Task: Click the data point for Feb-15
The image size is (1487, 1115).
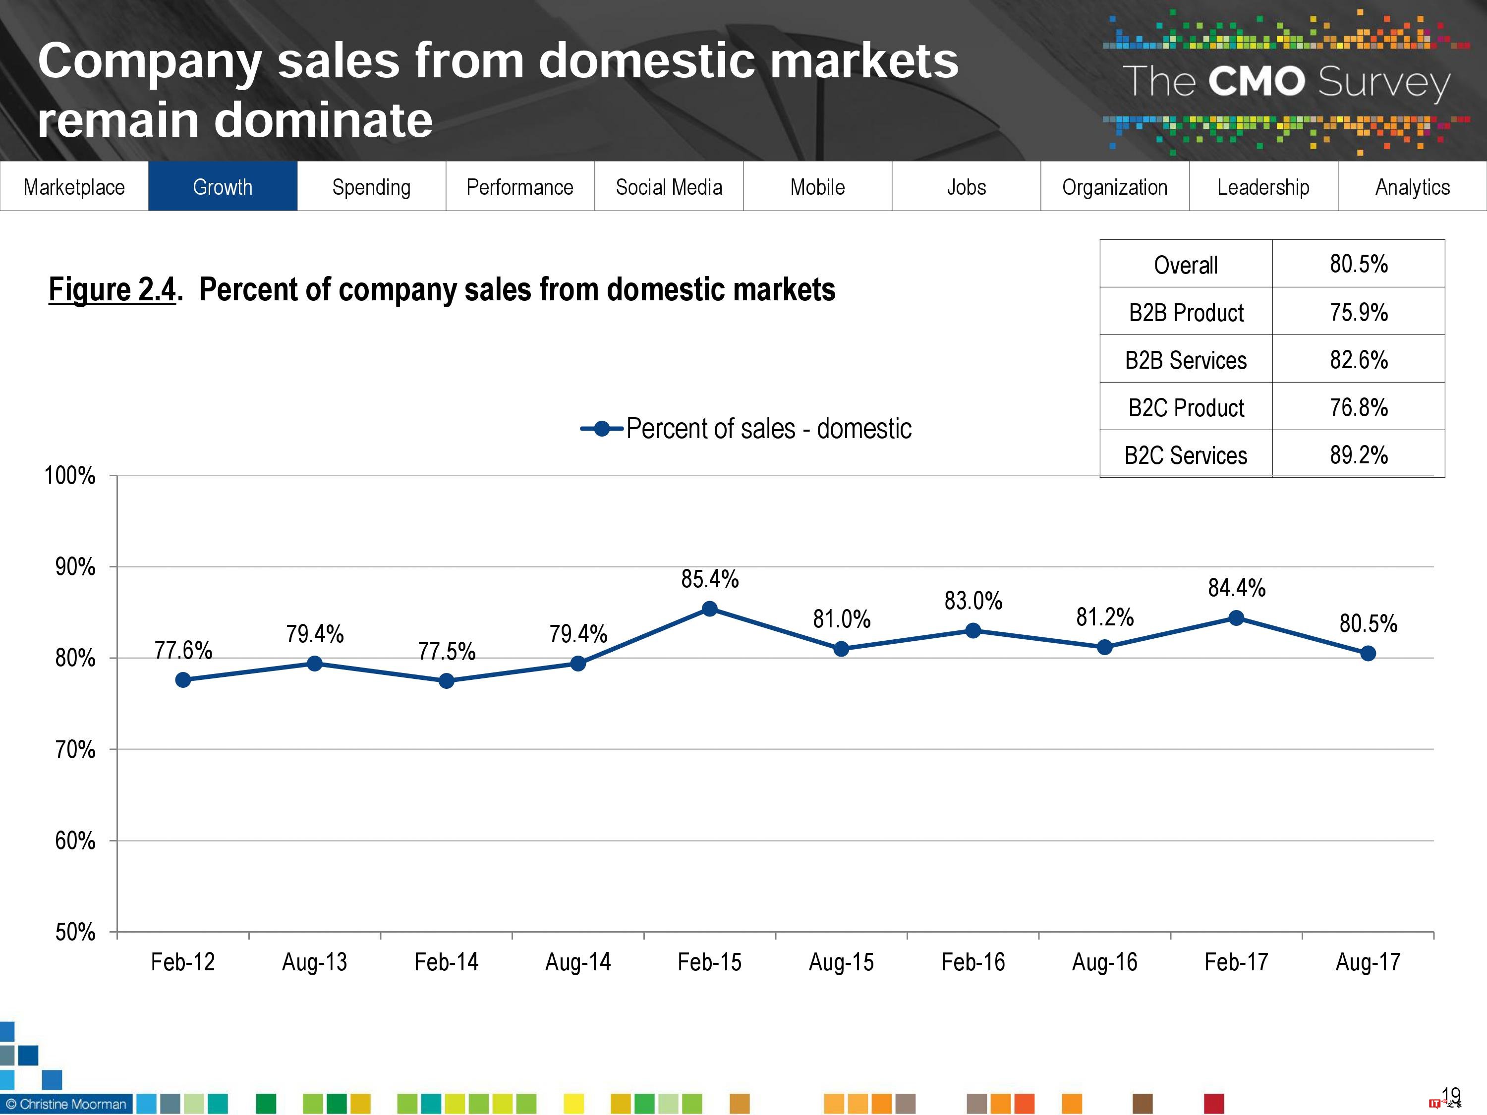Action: [709, 609]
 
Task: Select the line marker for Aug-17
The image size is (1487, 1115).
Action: [1368, 653]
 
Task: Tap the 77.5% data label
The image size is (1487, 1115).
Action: [447, 651]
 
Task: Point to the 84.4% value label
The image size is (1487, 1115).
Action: [1236, 588]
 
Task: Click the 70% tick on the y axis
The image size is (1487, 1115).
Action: [75, 749]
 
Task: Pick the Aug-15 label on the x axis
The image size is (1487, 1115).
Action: [841, 962]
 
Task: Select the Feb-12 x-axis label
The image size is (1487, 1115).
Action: [183, 962]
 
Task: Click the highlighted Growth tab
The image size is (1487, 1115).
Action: [223, 186]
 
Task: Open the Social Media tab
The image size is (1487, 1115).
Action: [669, 186]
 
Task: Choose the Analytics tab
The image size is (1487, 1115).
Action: [1412, 186]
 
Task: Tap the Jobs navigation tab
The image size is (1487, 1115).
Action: [966, 186]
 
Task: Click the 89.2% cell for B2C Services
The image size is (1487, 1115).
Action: [1359, 455]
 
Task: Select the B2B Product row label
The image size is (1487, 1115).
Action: [1186, 313]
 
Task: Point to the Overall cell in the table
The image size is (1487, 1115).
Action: [1186, 265]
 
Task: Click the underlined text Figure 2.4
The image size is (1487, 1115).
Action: [112, 290]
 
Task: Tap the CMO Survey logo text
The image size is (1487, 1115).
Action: [1285, 82]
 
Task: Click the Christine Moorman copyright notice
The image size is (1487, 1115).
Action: [66, 1104]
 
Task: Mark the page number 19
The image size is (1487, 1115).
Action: [1451, 1096]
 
